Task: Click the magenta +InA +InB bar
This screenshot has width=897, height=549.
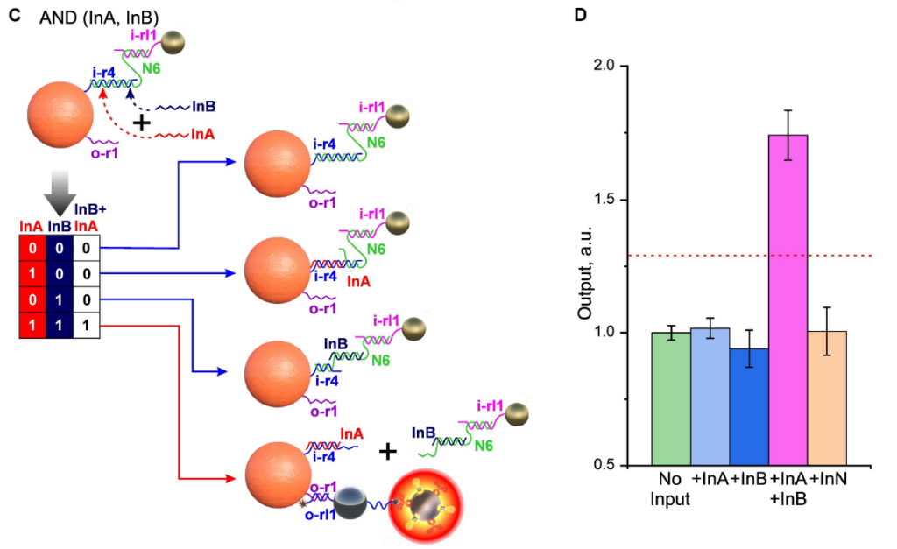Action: click(788, 300)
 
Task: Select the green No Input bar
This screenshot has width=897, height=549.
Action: click(671, 398)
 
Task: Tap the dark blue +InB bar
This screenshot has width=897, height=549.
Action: click(749, 407)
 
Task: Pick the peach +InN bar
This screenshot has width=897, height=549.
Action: click(827, 398)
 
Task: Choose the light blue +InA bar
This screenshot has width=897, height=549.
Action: click(710, 397)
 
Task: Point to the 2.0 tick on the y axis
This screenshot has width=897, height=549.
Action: click(624, 66)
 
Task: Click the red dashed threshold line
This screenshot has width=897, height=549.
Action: click(750, 255)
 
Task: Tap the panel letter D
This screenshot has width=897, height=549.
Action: click(580, 15)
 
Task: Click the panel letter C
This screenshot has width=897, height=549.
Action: click(15, 16)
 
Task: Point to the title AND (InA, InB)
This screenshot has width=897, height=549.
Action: click(99, 18)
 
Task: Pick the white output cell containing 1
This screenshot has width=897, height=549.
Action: click(87, 326)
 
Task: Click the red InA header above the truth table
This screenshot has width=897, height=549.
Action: click(31, 227)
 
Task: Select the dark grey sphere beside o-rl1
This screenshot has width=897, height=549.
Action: click(350, 503)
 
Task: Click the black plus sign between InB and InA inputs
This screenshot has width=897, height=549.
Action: click(141, 123)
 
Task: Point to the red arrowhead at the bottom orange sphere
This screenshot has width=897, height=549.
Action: click(231, 478)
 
